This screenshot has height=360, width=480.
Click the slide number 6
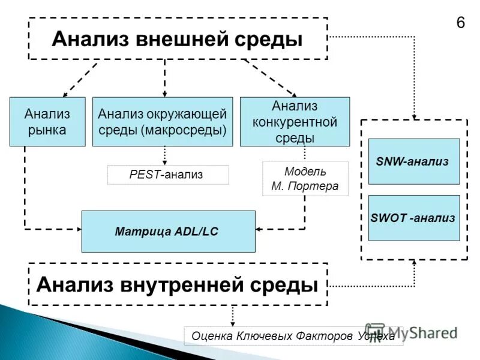tap(461, 23)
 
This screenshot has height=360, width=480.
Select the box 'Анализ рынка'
tap(47, 122)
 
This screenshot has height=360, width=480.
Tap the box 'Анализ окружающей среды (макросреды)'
tap(163, 122)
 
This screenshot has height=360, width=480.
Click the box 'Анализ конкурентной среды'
tap(295, 122)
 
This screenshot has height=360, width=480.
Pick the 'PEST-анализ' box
tap(168, 175)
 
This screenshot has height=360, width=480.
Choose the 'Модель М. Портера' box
tap(305, 178)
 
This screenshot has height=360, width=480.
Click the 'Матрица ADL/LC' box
tap(168, 231)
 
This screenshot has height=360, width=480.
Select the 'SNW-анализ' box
tap(413, 161)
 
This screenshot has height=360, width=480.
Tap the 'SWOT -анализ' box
tap(413, 218)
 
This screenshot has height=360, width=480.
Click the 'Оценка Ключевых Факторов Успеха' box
tap(293, 336)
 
